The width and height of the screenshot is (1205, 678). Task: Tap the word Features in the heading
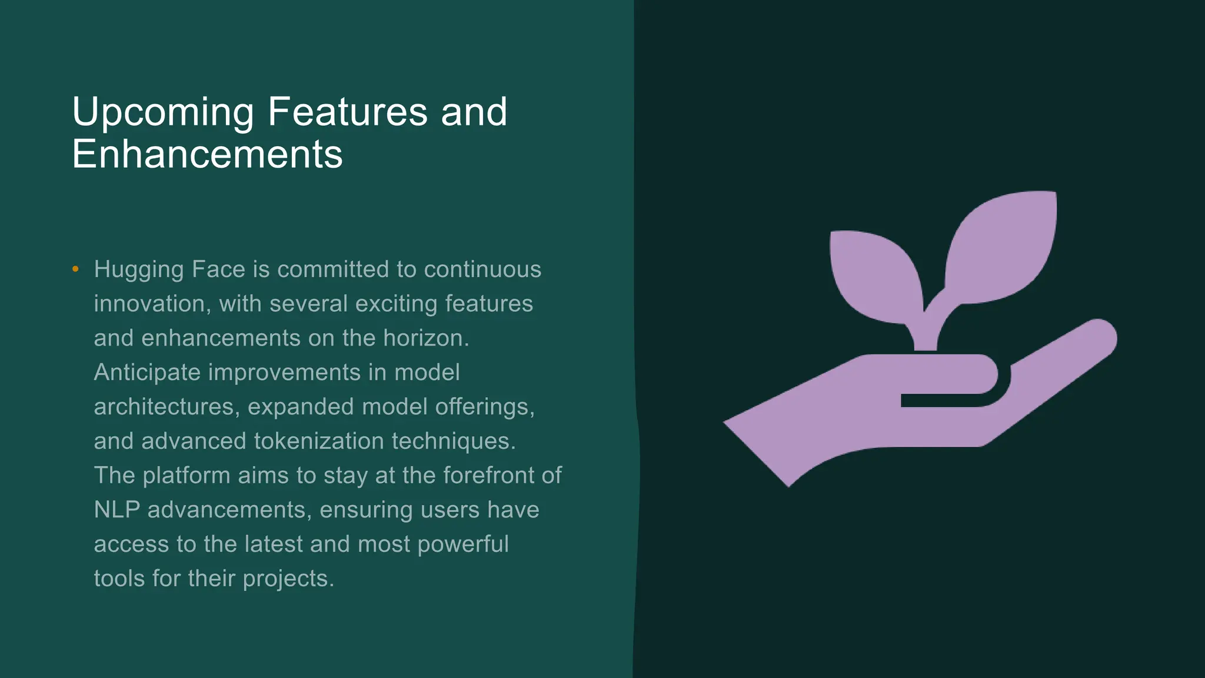click(347, 112)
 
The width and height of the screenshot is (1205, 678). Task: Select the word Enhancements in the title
click(207, 155)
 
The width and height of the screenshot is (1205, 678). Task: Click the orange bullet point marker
click(75, 270)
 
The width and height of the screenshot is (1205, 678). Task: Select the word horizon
click(425, 338)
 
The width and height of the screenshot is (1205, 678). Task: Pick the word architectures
click(164, 407)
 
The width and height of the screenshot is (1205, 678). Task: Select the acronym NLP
click(116, 510)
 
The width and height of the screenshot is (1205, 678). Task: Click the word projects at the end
click(288, 579)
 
